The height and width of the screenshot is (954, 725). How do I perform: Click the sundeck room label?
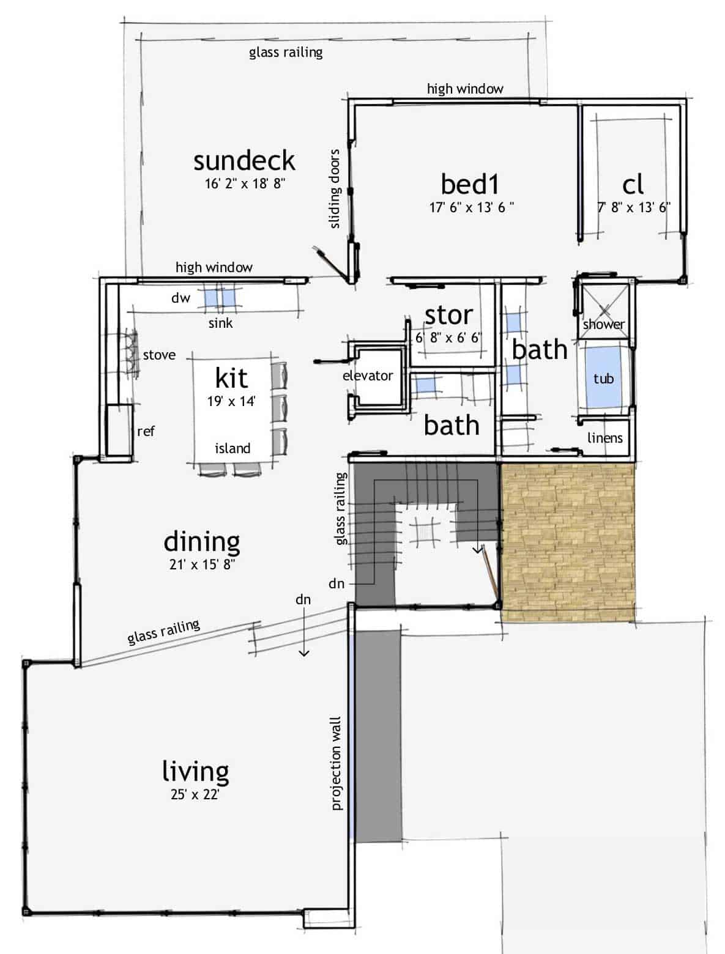coord(244,161)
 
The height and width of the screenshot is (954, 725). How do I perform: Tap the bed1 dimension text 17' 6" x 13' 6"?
coord(471,207)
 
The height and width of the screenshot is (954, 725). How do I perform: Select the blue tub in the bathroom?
coord(603,378)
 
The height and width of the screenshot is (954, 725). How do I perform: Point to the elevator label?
coord(367,375)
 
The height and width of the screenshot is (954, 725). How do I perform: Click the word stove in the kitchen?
coord(159,355)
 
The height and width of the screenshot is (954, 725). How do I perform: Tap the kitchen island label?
coord(232,448)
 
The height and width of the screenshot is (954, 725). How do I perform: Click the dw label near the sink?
coord(180,298)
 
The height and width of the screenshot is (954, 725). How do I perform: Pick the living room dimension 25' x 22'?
coord(195,795)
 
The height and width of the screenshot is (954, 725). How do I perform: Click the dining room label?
coord(202,541)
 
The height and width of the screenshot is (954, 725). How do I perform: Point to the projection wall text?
coord(336,764)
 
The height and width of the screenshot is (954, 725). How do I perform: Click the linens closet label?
coord(604,438)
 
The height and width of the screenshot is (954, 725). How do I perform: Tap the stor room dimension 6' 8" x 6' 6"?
coord(449,337)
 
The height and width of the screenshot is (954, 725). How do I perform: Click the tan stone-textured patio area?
coord(568,541)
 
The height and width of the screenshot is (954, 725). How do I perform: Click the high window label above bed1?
coord(465,89)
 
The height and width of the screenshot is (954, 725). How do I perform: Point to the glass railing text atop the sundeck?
coord(286,52)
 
